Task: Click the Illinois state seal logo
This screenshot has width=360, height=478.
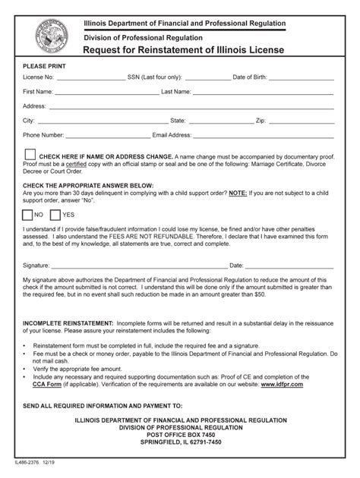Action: click(51, 36)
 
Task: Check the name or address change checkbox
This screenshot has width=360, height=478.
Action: click(30, 155)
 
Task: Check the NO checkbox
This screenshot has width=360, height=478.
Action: click(27, 214)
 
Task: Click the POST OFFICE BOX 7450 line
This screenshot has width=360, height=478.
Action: click(180, 435)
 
